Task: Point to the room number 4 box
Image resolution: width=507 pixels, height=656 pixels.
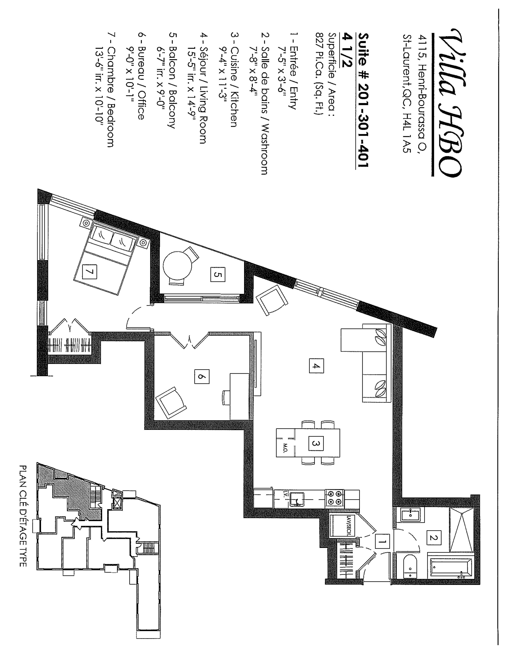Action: click(316, 366)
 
